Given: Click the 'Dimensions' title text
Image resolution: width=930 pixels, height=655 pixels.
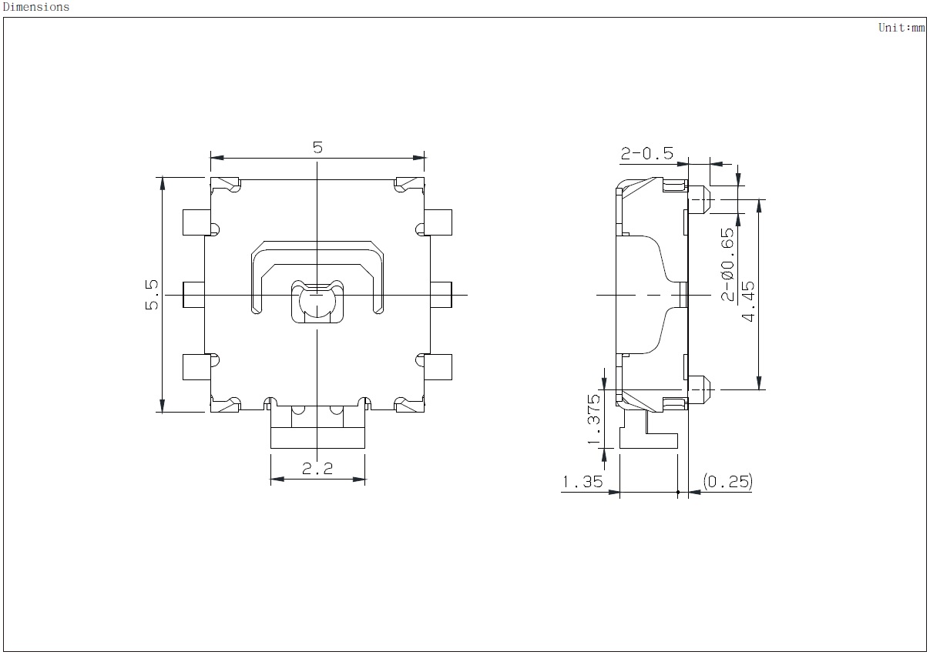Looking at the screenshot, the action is (36, 7).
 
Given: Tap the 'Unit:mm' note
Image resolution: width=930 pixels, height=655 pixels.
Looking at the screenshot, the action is (901, 28).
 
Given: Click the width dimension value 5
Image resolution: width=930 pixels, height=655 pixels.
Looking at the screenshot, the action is (317, 147).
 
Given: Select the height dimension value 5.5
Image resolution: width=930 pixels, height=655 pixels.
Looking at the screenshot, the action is (152, 295).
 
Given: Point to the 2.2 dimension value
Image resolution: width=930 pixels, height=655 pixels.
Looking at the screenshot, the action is (317, 469).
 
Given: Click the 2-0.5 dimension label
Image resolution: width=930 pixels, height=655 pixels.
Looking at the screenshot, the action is (647, 153).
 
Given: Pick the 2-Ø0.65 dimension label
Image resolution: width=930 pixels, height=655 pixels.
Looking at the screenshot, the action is (727, 264).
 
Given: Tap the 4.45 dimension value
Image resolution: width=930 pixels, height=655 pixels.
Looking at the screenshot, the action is (748, 301).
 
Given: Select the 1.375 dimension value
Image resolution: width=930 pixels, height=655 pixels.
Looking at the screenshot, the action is (594, 419).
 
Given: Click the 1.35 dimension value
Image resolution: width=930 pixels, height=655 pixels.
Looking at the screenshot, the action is (582, 482).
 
